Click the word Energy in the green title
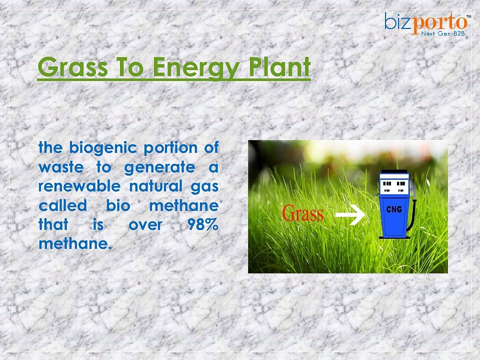pos(195,67)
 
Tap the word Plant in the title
pos(279,66)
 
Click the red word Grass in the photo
pos(302,213)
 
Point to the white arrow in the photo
pos(350,214)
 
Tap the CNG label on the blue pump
pos(394,209)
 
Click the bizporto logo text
pos(426,22)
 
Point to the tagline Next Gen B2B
pos(443,33)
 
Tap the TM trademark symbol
pos(468,16)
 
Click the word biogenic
pos(103,148)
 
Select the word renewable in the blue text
pos(79,186)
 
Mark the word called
pos(63,205)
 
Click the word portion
pos(171,148)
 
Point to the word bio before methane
pos(118,205)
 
